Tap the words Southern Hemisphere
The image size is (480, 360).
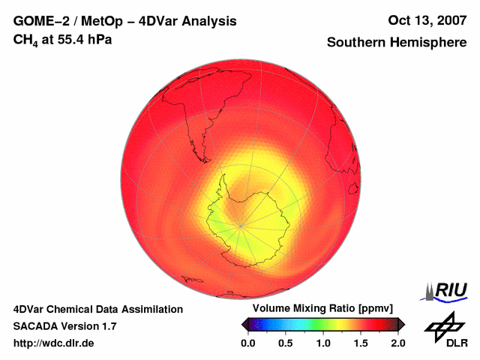[396, 43]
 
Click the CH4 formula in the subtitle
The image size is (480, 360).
[26, 39]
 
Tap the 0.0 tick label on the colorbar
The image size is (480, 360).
[248, 343]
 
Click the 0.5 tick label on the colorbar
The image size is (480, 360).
[286, 343]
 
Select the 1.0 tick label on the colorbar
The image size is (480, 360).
[323, 343]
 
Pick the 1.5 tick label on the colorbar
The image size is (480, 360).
[361, 343]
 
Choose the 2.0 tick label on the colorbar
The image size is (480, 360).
[397, 343]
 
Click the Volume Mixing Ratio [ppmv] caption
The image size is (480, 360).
[322, 308]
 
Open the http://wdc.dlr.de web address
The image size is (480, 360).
[54, 343]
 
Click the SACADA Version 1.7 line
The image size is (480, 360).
[64, 326]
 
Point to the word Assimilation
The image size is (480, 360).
[154, 309]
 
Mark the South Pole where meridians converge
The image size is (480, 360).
[240, 223]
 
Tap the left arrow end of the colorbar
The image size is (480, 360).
[244, 324]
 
